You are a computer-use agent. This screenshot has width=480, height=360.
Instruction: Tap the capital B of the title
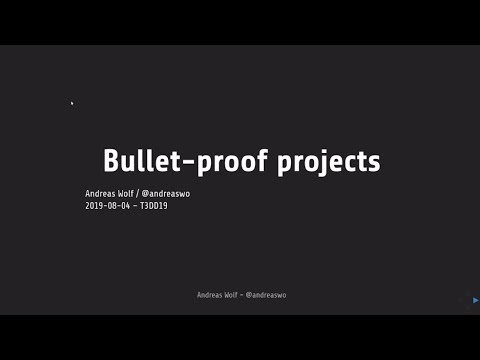tap(113, 161)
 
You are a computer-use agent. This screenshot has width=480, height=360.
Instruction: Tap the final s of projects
tap(374, 163)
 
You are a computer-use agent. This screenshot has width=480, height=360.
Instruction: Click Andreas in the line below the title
tap(101, 194)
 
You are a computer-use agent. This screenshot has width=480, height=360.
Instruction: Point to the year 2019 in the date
tap(94, 206)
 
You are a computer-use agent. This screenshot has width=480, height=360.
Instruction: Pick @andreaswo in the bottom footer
tap(267, 295)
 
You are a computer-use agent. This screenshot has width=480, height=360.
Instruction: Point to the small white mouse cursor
tap(72, 103)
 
